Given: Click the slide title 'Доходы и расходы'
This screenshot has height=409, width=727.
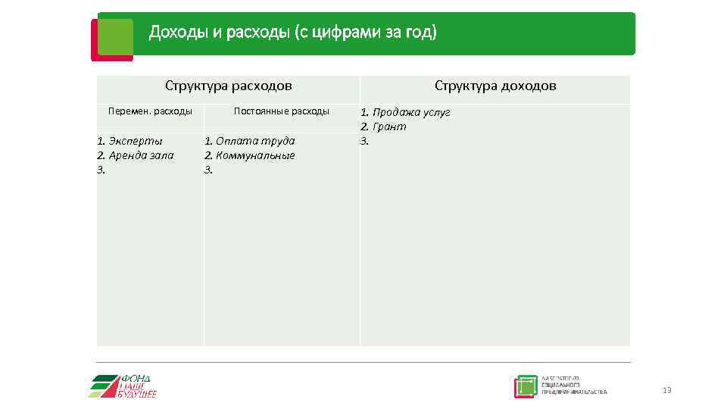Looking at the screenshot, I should point(219,33).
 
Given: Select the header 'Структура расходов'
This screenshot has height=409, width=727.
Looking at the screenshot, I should point(228,86).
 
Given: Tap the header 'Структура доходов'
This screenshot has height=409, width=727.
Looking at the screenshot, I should point(495,86).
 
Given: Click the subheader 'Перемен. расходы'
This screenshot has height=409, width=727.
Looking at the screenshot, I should point(150,111).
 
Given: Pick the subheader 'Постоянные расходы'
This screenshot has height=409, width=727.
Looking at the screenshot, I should point(281,111).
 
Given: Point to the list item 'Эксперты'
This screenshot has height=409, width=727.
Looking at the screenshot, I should point(135,141).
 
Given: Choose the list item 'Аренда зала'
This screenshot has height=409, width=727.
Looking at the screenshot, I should point(140,155).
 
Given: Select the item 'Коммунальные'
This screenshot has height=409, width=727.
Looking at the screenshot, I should point(254,155).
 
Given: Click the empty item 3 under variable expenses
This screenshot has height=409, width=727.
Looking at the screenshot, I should point(101,170).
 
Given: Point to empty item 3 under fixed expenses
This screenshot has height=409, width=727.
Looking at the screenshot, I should point(209,170).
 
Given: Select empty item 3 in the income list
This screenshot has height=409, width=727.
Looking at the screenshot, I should point(364,141).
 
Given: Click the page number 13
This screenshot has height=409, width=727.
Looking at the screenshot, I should point(666,390).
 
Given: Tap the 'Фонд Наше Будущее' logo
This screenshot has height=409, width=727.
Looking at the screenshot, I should point(124,386).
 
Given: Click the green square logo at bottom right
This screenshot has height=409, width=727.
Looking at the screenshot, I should point(526,386).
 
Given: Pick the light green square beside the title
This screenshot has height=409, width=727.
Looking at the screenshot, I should point(115,36).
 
